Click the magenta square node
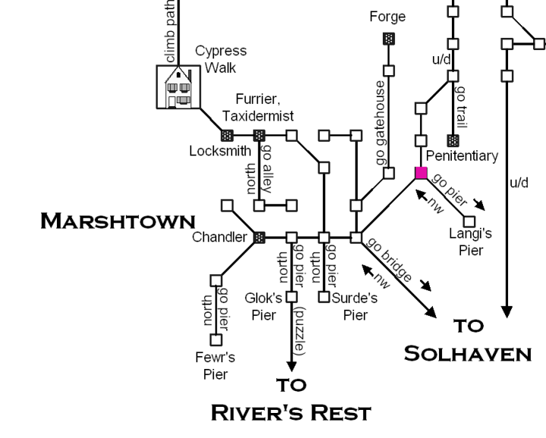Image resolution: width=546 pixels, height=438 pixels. [x=421, y=173]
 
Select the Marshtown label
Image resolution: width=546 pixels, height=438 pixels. [x=118, y=221]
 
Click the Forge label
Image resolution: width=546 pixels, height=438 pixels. [x=387, y=16]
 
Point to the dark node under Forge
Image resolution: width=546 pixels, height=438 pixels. [x=388, y=38]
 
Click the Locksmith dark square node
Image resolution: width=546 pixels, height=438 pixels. [x=226, y=136]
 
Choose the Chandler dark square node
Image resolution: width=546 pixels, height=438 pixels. [x=259, y=238]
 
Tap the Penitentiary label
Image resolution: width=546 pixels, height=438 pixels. [x=462, y=156]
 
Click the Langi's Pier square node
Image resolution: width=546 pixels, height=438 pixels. [x=469, y=221]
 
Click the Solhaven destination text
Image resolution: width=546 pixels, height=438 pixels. [x=467, y=353]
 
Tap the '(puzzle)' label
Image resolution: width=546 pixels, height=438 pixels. [x=301, y=332]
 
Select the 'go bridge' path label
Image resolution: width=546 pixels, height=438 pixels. [x=390, y=260]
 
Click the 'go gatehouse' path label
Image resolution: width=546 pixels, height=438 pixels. [x=380, y=124]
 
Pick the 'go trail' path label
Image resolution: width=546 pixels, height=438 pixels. [x=461, y=107]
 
